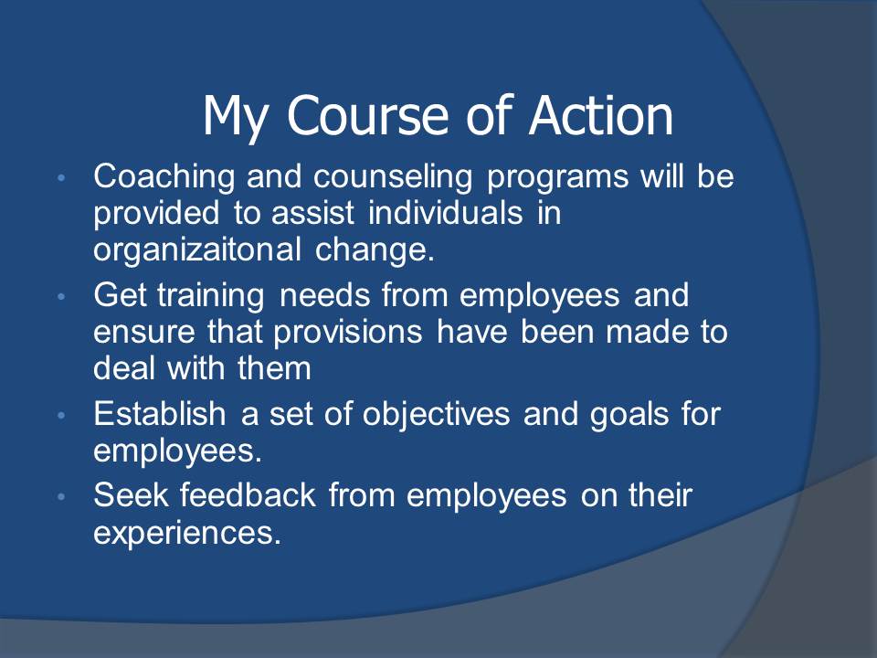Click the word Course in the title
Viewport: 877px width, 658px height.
(367, 115)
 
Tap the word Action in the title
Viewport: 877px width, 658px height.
(601, 115)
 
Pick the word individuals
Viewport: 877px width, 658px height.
(445, 213)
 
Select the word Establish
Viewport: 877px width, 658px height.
(159, 414)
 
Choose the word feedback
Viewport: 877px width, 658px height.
(248, 495)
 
